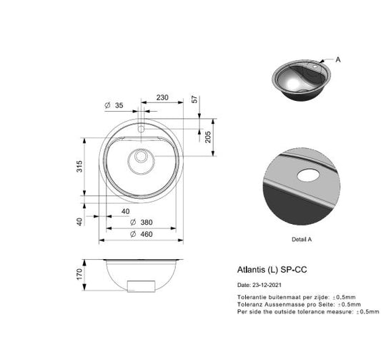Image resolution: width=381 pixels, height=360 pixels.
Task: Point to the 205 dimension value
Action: pyautogui.click(x=208, y=137)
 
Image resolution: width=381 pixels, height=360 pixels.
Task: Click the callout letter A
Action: pyautogui.click(x=338, y=60)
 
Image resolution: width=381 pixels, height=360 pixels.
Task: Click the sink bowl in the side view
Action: pyautogui.click(x=140, y=274)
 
